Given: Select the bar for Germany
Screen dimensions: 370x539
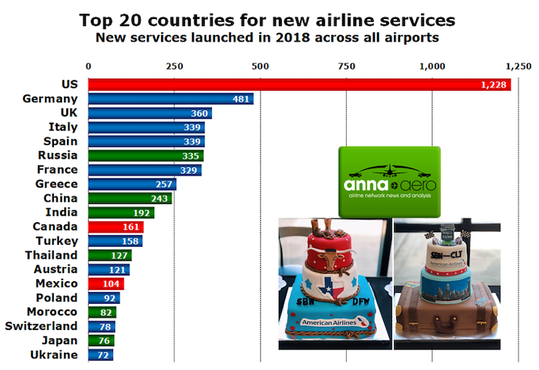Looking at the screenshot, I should [170, 99].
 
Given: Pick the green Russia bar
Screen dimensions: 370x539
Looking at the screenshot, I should [146, 155].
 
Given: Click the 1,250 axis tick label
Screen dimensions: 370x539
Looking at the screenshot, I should [519, 66].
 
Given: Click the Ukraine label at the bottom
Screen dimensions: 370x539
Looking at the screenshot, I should [55, 355].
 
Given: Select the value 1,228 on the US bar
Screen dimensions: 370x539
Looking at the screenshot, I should [492, 85].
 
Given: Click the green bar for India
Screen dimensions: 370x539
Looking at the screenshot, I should [121, 213].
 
